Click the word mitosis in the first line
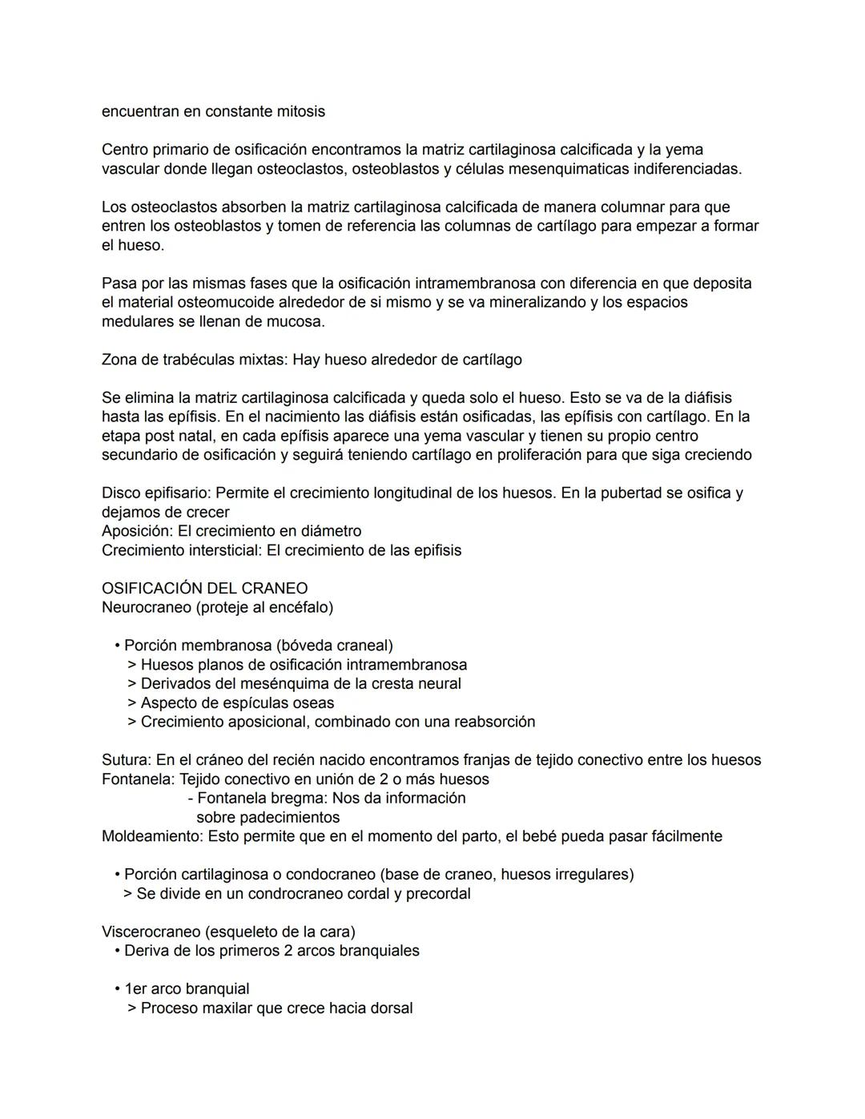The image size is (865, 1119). (295, 111)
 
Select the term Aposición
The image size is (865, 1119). (136, 531)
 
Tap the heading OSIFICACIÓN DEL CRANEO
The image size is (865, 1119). (204, 588)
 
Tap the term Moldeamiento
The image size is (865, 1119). (151, 836)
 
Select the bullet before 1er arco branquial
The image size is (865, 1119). (117, 989)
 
